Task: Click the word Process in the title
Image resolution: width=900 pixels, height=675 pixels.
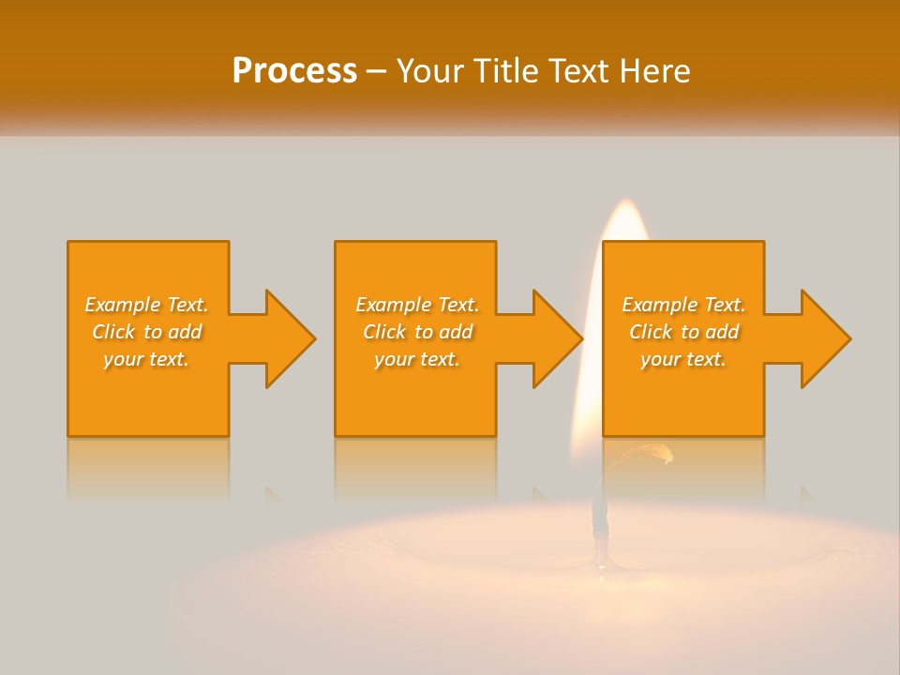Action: pos(294,70)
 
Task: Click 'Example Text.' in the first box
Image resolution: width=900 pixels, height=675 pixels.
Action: pos(146,305)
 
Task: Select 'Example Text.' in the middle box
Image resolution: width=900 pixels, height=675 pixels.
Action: pos(417,305)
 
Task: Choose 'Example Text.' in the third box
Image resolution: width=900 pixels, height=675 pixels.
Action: pos(683,305)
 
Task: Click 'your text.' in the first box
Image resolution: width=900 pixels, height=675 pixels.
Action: pos(146,359)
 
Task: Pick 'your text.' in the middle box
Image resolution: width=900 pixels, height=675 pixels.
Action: pos(417,359)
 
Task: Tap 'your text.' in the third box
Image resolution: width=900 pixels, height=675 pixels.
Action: pos(683,359)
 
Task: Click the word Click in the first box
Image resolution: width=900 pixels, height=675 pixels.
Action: pos(113,332)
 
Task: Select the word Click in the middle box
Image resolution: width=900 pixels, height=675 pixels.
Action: pos(384,332)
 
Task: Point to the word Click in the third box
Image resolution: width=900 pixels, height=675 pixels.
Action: pos(651,332)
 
